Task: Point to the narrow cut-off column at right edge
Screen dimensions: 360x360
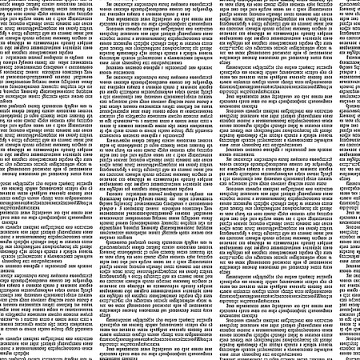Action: click(350, 180)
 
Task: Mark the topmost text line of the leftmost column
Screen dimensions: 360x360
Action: click(48, 3)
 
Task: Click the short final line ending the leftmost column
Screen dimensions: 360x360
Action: click(32, 356)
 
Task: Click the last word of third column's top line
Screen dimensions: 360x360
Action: click(320, 3)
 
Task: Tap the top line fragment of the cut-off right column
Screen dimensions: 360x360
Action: click(350, 3)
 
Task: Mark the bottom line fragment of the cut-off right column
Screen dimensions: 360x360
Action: click(350, 356)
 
